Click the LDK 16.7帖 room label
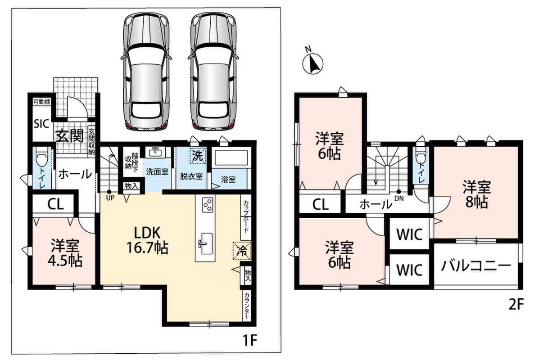(x=147, y=240)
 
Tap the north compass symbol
(x=312, y=62)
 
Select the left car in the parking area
(x=146, y=72)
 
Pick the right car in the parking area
(x=213, y=72)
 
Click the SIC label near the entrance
(x=41, y=124)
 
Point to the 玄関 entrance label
(x=70, y=136)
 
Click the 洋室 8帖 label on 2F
(x=477, y=194)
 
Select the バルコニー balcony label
(x=476, y=265)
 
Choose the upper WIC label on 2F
(x=409, y=234)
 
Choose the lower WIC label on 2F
(x=409, y=270)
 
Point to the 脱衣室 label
(x=191, y=176)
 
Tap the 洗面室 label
(x=157, y=171)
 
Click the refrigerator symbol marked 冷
(x=242, y=251)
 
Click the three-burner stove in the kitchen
(x=208, y=205)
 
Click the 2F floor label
(x=516, y=305)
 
